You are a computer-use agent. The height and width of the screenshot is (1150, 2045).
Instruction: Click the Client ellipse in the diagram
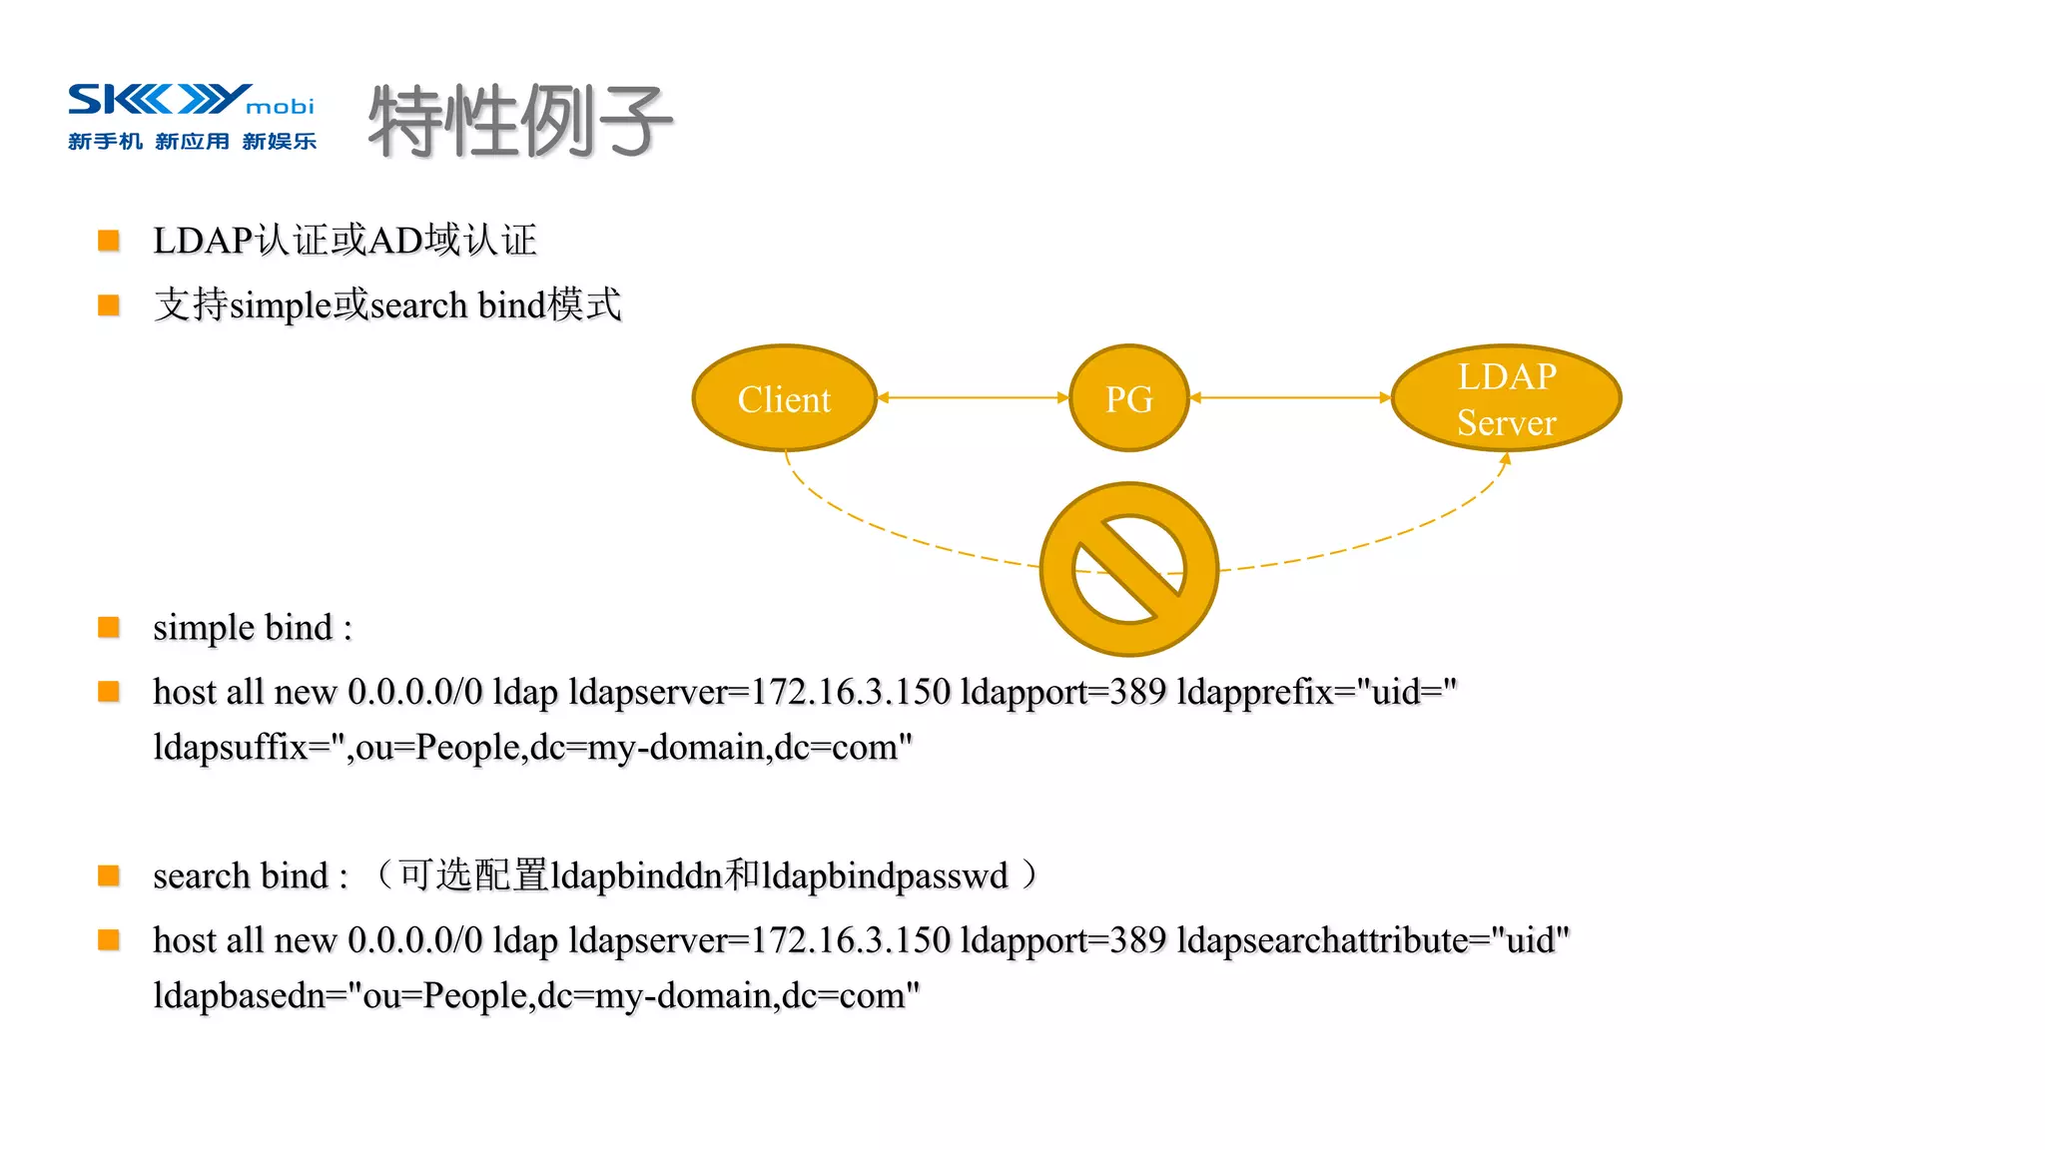click(x=784, y=398)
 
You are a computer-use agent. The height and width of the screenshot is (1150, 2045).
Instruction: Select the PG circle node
click(x=1128, y=398)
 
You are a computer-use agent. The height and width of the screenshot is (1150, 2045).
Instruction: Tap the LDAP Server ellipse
click(x=1506, y=398)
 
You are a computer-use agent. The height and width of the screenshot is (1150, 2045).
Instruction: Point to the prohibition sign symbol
click(x=1128, y=569)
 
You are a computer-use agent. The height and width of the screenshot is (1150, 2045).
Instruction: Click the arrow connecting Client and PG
click(x=974, y=397)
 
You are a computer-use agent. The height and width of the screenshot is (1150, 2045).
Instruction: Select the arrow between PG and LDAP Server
click(x=1290, y=397)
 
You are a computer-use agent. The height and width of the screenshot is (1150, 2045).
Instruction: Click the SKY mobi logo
click(x=190, y=100)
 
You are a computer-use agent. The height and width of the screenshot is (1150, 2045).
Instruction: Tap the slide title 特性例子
click(x=520, y=121)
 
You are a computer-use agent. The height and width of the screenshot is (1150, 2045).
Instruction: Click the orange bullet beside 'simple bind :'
click(x=109, y=627)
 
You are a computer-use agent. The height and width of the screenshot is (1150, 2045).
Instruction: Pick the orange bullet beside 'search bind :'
click(x=109, y=875)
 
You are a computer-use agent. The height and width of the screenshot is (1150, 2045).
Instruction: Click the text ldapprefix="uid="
click(x=1317, y=691)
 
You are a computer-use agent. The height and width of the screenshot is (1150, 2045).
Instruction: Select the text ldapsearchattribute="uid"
click(x=1373, y=939)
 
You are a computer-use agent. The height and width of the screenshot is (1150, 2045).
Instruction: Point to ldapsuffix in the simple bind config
click(x=231, y=747)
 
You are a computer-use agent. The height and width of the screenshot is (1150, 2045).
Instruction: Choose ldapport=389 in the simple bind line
click(x=1063, y=691)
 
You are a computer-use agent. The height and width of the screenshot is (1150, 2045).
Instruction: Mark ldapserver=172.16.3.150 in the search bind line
click(x=759, y=939)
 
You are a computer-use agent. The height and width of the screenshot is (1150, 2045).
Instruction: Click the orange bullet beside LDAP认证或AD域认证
click(x=109, y=240)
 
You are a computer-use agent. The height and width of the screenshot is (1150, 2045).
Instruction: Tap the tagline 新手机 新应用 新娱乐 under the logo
click(x=192, y=142)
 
